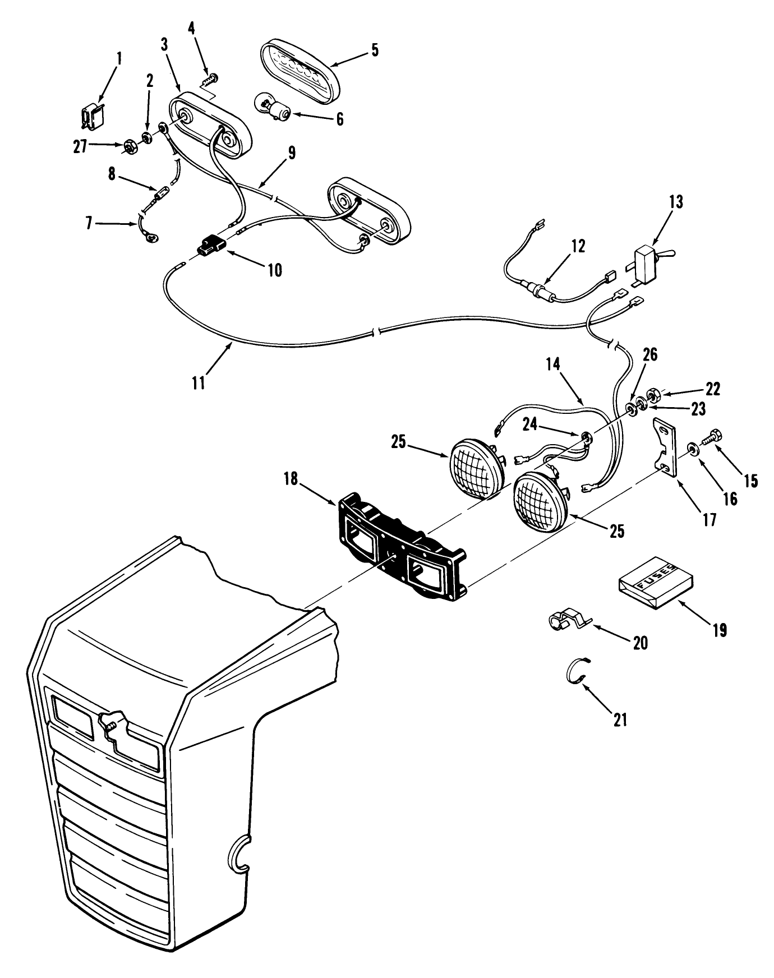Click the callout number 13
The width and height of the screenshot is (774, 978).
(x=676, y=202)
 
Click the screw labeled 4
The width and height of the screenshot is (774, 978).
(x=211, y=79)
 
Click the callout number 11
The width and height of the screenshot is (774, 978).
(x=199, y=382)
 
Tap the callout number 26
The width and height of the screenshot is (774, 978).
(x=650, y=355)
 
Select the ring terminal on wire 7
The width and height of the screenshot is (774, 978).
(x=151, y=238)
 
